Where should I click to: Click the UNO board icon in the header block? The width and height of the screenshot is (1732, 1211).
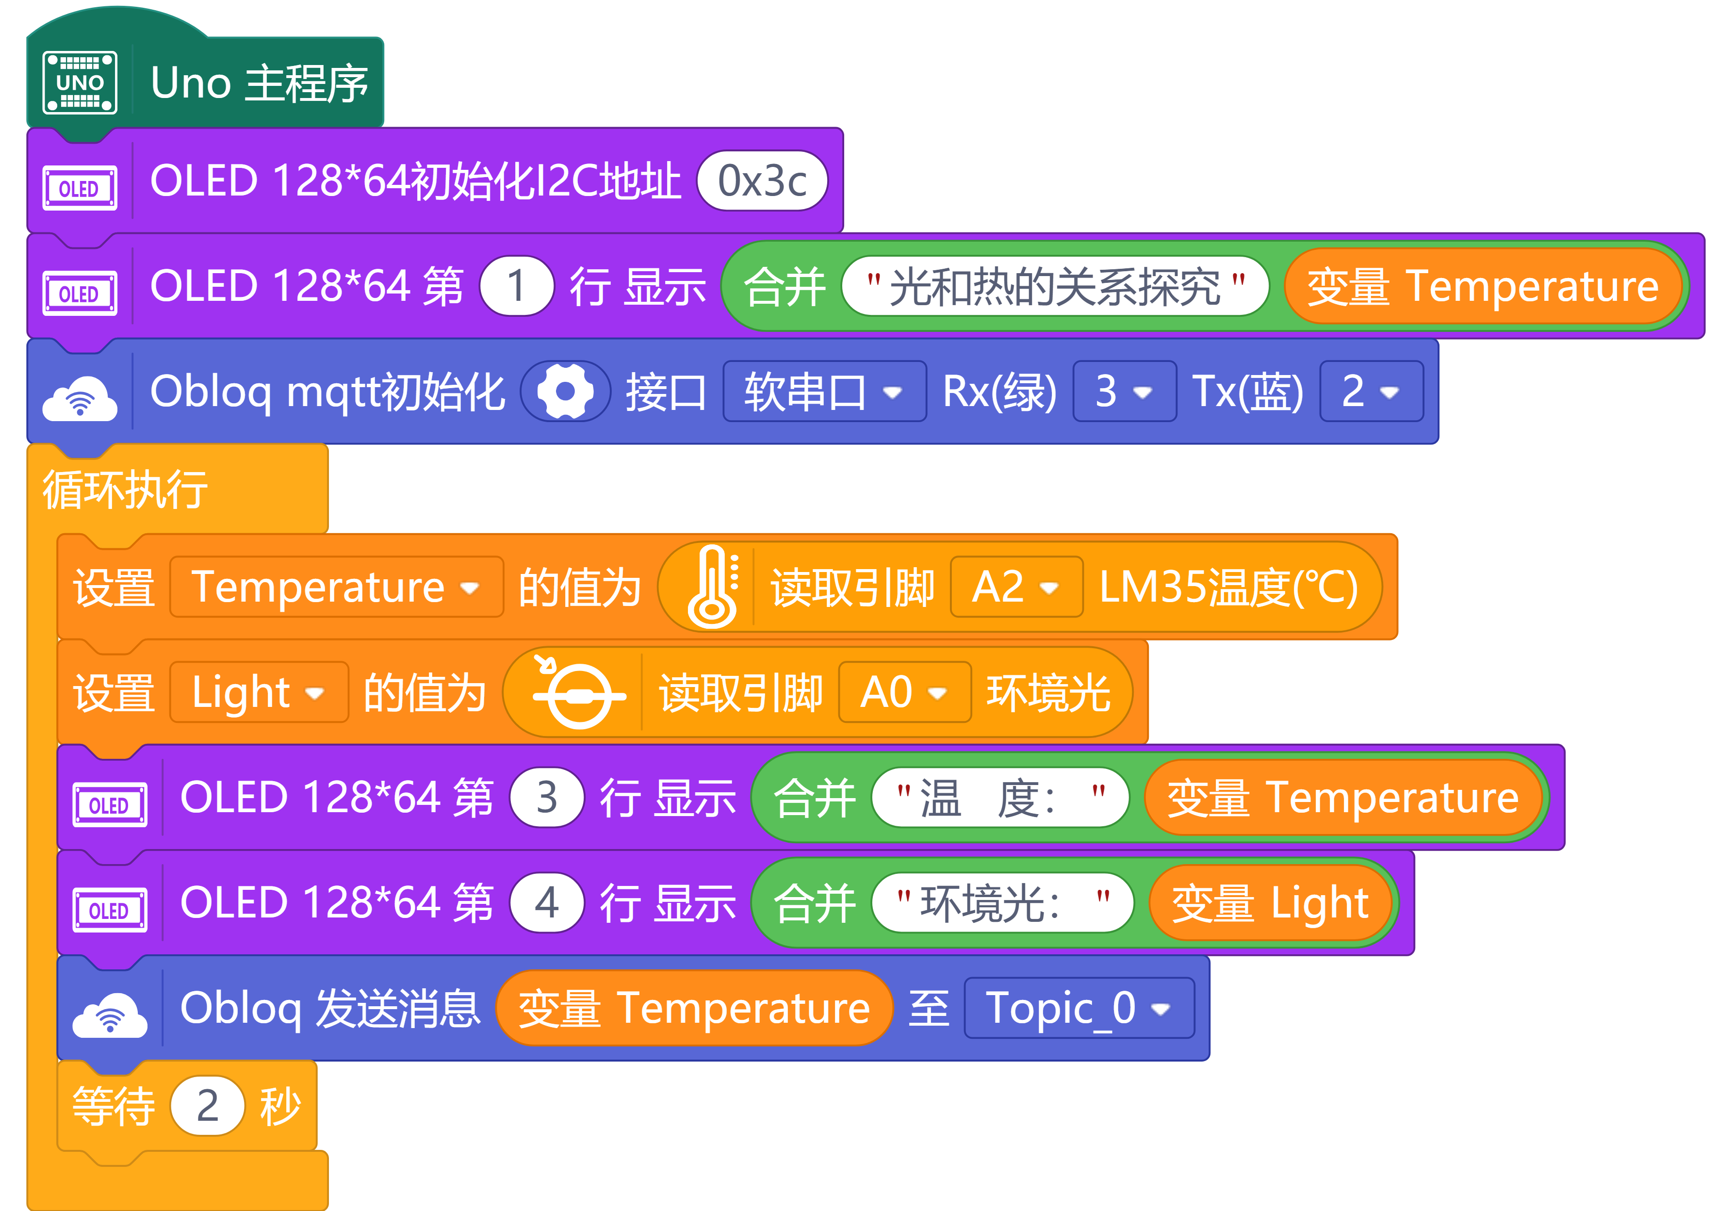pos(80,82)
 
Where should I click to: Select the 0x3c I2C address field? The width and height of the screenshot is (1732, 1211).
pos(762,181)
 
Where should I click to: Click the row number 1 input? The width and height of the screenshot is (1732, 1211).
pos(517,286)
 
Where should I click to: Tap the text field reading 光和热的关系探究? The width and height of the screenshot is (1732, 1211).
pos(1055,286)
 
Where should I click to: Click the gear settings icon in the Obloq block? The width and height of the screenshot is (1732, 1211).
pos(565,391)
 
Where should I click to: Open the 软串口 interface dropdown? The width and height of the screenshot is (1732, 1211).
pos(824,391)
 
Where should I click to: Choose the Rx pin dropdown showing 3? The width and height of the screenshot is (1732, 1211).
pos(1125,391)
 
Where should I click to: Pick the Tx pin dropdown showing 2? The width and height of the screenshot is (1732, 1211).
pos(1372,391)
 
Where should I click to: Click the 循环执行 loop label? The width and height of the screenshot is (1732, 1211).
pos(125,489)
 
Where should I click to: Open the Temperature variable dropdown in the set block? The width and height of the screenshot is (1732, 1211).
pos(336,587)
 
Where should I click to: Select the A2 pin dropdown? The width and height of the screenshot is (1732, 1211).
pos(1017,587)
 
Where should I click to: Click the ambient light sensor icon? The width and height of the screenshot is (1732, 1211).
pos(579,691)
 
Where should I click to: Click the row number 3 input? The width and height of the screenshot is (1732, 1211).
pos(547,798)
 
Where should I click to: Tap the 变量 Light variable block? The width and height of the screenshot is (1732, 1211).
pos(1270,903)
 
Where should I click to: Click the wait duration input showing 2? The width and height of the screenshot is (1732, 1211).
pos(208,1106)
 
